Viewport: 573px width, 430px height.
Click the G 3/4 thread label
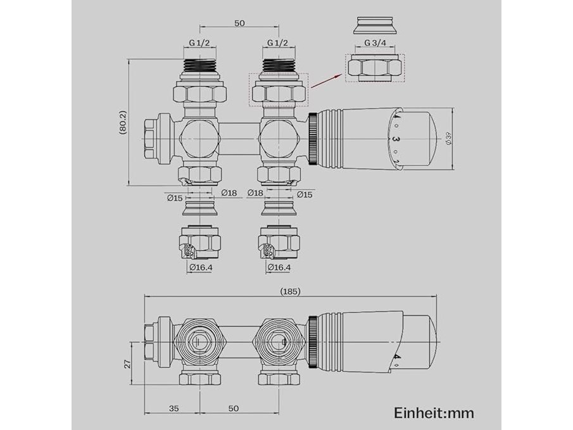click(x=375, y=43)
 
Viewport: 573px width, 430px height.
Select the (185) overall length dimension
click(x=290, y=291)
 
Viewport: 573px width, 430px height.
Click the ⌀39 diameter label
click(x=449, y=138)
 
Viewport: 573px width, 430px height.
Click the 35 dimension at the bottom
click(x=174, y=408)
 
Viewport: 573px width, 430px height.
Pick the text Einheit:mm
click(x=434, y=413)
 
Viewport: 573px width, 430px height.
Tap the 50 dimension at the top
click(x=239, y=23)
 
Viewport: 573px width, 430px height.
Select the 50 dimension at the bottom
click(x=234, y=408)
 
